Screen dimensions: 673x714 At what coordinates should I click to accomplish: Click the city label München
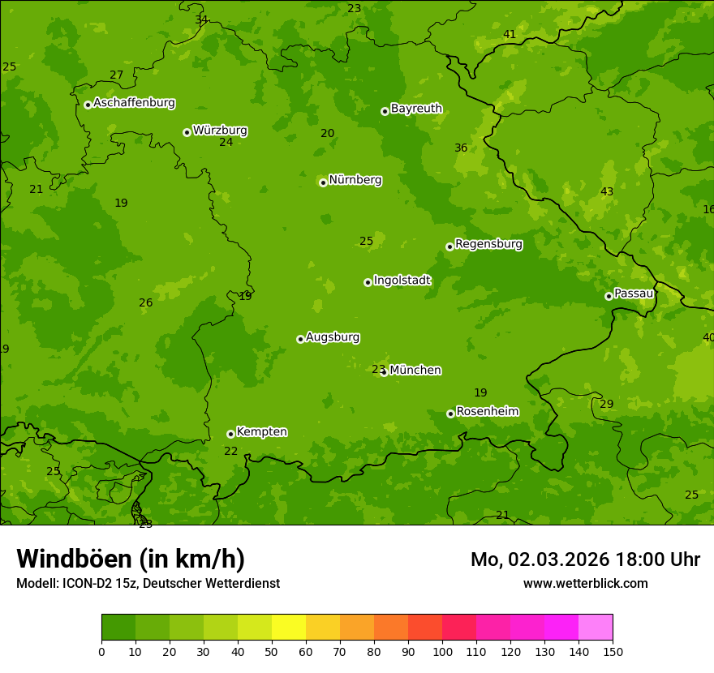point(415,371)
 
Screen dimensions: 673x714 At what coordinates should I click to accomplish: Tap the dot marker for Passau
point(609,296)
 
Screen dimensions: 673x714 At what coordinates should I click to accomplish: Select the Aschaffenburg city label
point(134,103)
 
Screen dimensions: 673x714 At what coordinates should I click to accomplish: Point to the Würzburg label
point(220,131)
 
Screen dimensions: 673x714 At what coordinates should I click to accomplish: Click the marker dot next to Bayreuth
point(385,111)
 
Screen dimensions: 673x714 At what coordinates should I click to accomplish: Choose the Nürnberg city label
point(355,180)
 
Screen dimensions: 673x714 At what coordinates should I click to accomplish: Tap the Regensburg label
point(488,244)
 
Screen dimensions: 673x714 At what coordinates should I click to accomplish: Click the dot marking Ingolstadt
point(368,282)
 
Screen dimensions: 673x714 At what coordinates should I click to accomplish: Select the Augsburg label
point(333,337)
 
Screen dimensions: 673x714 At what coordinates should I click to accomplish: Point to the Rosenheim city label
point(487,412)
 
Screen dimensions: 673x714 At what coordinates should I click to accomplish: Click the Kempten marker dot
point(230,434)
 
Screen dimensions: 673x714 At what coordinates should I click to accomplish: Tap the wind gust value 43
point(607,191)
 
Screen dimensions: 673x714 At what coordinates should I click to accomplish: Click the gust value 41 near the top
point(510,34)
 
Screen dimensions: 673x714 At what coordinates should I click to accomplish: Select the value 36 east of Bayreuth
point(461,148)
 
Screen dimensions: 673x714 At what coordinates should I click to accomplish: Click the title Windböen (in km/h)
point(131,559)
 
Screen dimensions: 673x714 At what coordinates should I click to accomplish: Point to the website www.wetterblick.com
point(585,583)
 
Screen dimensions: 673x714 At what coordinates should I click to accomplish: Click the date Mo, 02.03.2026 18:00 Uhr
point(585,559)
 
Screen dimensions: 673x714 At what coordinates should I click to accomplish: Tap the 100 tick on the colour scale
point(442,651)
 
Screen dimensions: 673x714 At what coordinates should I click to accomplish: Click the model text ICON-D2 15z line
point(148,583)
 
